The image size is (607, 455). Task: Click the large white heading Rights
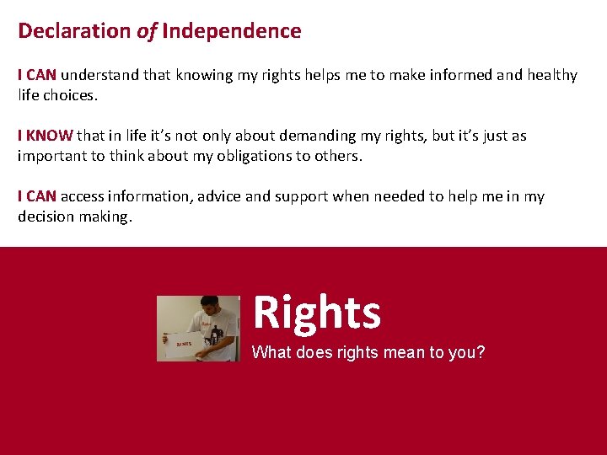point(316,312)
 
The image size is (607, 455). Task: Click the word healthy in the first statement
point(552,75)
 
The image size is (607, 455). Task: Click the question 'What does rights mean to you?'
point(368,352)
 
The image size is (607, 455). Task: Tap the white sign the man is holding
point(183,343)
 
